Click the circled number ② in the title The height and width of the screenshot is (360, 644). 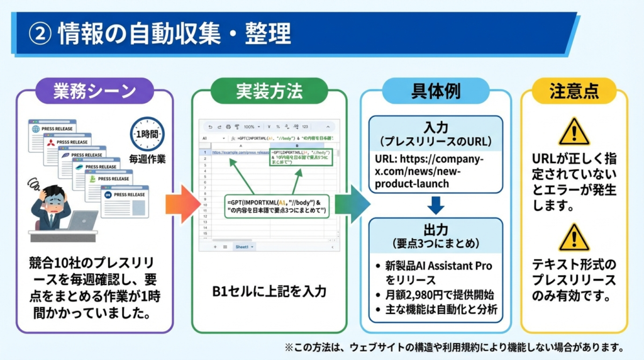pyautogui.click(x=40, y=33)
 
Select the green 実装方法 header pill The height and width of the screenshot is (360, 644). pyautogui.click(x=269, y=91)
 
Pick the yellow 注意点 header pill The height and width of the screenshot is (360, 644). pyautogui.click(x=574, y=91)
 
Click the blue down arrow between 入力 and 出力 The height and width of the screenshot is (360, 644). pyautogui.click(x=435, y=205)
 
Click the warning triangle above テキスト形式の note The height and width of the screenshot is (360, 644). pyautogui.click(x=574, y=238)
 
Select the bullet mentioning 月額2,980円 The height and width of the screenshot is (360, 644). pyautogui.click(x=436, y=295)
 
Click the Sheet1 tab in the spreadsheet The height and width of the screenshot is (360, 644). pyautogui.click(x=242, y=247)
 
